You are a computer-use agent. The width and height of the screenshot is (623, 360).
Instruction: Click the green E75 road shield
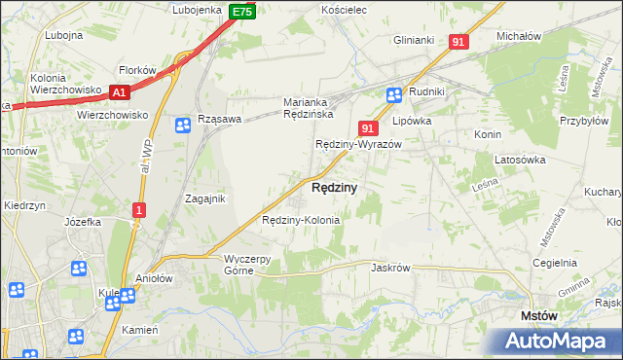coord(242,12)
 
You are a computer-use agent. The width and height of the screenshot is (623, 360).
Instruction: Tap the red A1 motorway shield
coord(120,92)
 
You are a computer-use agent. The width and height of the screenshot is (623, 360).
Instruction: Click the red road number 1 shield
coord(140,209)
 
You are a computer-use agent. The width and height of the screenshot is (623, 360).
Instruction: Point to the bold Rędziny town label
coord(334,187)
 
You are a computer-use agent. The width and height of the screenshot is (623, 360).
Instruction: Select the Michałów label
coord(518,36)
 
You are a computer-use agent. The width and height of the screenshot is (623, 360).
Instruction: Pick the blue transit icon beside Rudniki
coord(394,94)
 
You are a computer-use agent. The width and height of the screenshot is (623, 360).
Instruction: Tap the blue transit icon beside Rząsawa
coord(183,125)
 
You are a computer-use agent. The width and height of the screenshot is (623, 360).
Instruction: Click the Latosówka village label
coord(523,159)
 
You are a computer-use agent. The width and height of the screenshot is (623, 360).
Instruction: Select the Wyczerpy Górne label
coord(253,265)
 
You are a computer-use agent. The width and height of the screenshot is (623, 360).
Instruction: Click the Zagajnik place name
coord(205,198)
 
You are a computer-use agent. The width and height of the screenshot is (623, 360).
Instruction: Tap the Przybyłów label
coord(584,136)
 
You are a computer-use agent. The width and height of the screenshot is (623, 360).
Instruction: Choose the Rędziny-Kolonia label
coord(301,220)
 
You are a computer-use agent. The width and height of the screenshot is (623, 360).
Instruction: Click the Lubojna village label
coord(63,35)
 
